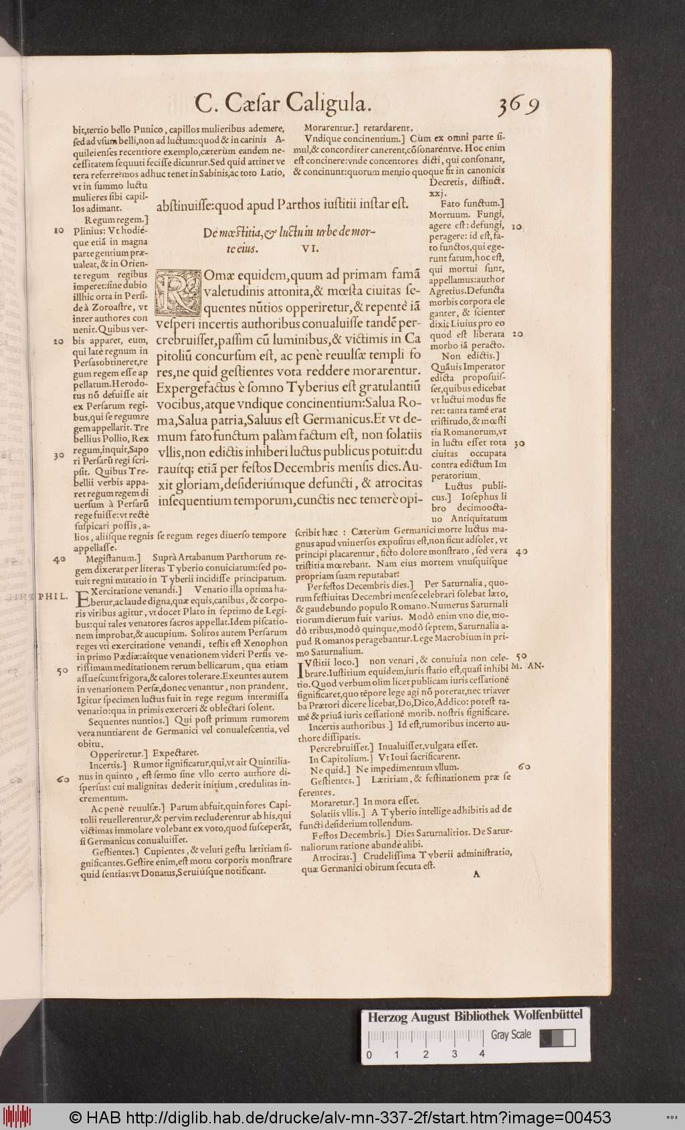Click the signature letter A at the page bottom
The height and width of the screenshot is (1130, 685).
coord(476,873)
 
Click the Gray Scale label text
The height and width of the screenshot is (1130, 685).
coord(511,1034)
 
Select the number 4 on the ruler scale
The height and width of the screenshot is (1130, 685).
coord(482,1054)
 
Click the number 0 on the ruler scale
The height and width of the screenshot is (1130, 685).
coord(369,1054)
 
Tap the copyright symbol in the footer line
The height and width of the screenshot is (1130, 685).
coord(75,1117)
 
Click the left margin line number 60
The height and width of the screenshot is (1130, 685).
coord(64,779)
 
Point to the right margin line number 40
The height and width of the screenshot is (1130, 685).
coord(522,552)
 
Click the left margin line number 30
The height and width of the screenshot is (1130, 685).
coord(59,456)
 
